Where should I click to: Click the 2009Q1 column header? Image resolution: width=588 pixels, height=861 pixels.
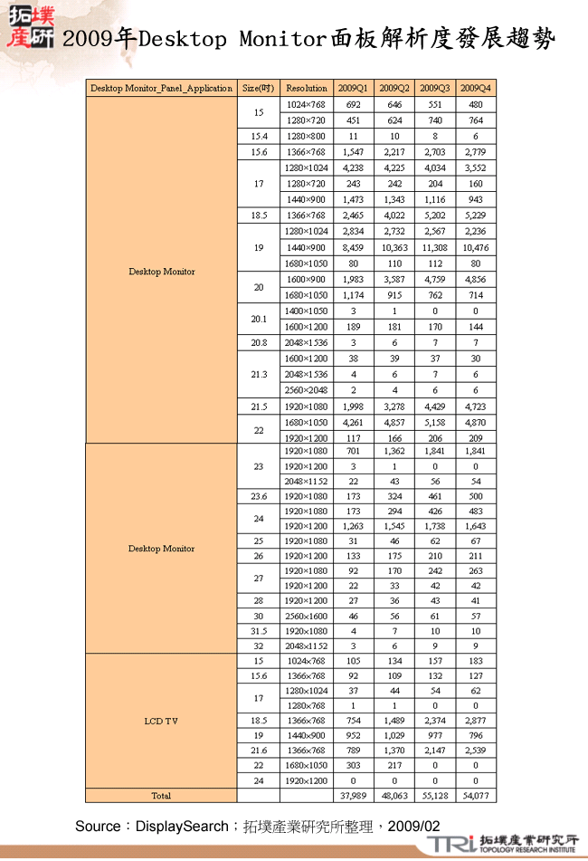(x=353, y=88)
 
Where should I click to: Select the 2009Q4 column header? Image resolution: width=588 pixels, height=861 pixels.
(x=476, y=88)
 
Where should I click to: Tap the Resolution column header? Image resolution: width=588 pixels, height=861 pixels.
(x=306, y=88)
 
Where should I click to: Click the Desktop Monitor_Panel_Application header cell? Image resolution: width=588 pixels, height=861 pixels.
(x=161, y=88)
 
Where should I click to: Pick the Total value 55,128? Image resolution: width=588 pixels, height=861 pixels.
(x=435, y=796)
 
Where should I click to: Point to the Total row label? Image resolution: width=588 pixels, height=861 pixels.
(x=161, y=796)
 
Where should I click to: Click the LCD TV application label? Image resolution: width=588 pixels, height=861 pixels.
(x=161, y=722)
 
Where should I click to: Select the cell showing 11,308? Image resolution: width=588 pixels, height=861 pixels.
(x=435, y=247)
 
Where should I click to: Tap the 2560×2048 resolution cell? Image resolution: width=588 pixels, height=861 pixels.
(x=306, y=390)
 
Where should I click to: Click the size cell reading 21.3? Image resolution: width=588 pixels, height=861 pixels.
(x=259, y=374)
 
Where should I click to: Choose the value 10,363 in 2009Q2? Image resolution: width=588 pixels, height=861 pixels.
(x=394, y=247)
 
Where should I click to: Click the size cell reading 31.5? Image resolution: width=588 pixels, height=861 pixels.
(x=259, y=630)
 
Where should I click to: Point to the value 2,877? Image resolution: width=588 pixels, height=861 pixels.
(x=476, y=721)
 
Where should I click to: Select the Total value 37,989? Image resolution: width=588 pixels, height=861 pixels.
(x=353, y=796)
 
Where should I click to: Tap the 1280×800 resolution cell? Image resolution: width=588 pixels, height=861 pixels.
(x=306, y=136)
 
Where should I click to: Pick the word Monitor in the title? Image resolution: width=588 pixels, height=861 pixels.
(x=281, y=39)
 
